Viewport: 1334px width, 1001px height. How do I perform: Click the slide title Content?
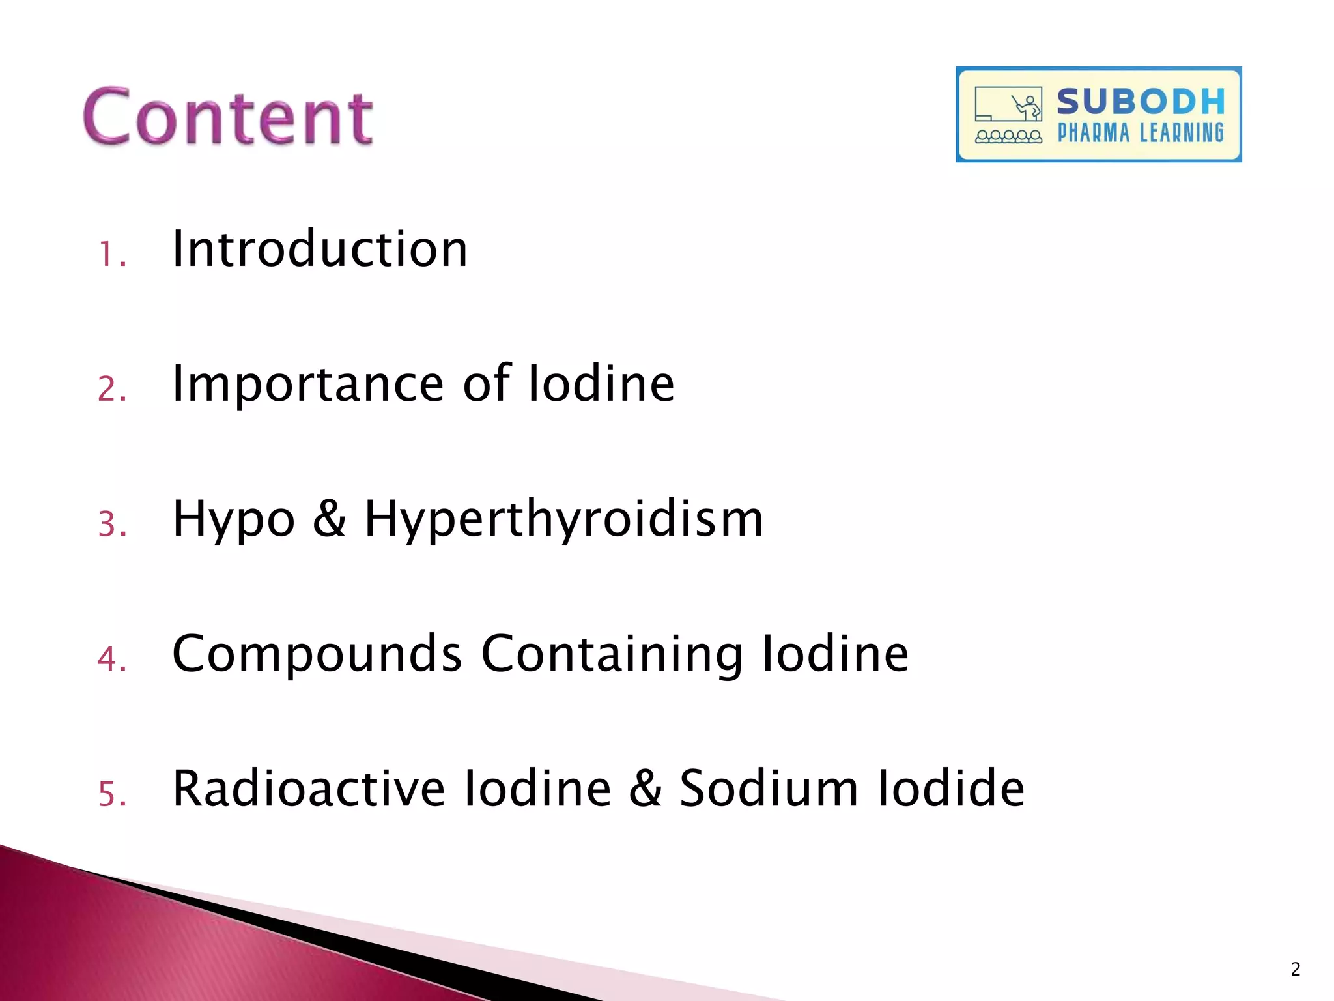[228, 117]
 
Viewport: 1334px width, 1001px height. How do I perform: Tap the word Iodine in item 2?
[601, 384]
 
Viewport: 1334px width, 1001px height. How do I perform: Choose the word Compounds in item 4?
[317, 655]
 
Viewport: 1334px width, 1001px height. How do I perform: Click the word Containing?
[612, 655]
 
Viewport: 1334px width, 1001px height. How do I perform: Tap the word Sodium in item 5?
[769, 789]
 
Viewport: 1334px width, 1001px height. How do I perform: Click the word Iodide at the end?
[951, 789]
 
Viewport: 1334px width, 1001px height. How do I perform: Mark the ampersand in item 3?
[330, 519]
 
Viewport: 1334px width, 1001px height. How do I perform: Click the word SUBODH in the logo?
[1141, 102]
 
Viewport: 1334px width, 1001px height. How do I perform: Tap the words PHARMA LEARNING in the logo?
[1141, 133]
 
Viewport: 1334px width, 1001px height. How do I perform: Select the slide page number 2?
[1295, 970]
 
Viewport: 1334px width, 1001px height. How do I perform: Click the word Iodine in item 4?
[836, 655]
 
